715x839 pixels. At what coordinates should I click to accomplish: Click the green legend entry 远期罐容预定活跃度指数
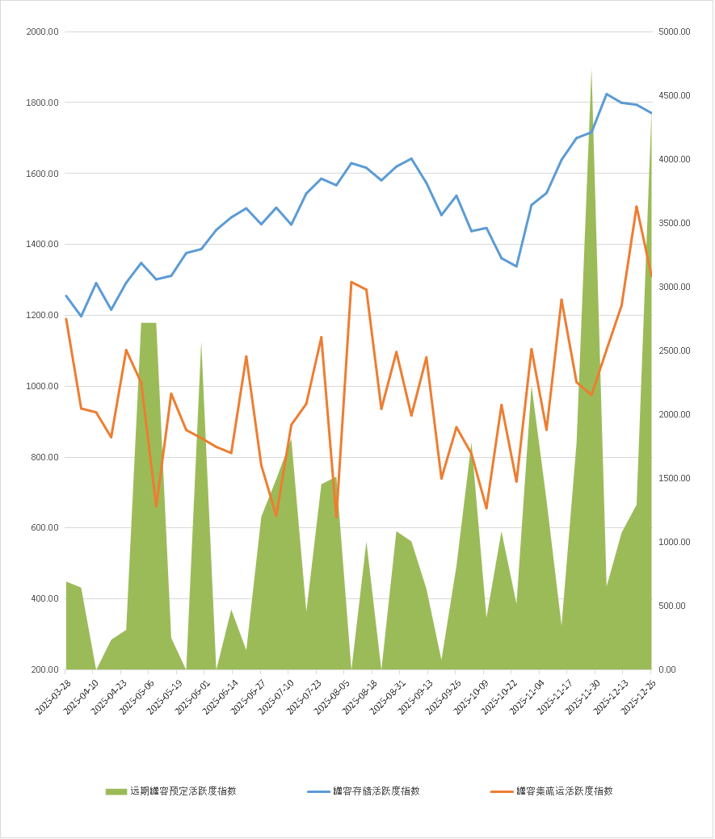183,791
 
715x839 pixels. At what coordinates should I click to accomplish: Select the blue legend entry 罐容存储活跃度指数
376,791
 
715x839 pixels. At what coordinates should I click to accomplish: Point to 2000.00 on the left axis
42,32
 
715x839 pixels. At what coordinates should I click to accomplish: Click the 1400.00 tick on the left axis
42,245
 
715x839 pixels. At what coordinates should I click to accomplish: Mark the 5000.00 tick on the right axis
674,32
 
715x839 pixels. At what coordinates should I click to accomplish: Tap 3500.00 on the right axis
674,224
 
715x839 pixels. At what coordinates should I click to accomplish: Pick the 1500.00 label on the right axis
674,479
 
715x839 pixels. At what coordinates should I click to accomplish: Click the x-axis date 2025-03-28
53,695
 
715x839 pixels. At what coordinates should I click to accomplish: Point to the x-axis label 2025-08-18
360,695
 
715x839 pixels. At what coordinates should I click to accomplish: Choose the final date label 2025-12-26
639,695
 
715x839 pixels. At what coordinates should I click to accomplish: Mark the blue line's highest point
607,94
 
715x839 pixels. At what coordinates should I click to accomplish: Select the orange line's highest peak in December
637,207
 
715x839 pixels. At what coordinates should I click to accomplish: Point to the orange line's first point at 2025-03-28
66,319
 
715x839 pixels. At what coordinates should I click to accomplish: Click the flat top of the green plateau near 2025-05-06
149,324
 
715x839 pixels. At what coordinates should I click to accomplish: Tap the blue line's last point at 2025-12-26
651,113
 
